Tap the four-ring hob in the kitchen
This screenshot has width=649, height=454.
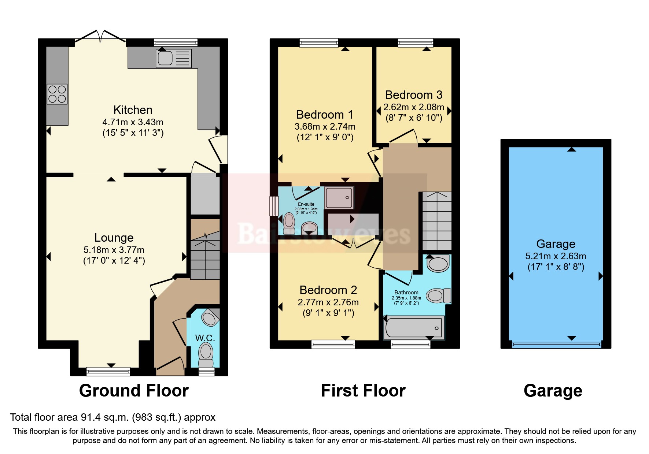pyautogui.click(x=57, y=94)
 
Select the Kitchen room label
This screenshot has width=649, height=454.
pyautogui.click(x=133, y=110)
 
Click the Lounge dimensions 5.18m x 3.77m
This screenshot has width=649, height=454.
pyautogui.click(x=114, y=250)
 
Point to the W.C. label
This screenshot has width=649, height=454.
pyautogui.click(x=205, y=338)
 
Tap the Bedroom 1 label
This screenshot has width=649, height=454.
pyautogui.click(x=325, y=115)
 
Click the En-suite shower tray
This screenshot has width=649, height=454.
pyautogui.click(x=339, y=198)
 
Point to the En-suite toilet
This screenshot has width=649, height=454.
pyautogui.click(x=289, y=223)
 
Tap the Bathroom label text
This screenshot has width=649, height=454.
pyautogui.click(x=406, y=293)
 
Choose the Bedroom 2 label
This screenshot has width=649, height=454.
pyautogui.click(x=328, y=290)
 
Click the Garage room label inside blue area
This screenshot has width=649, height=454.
pyautogui.click(x=556, y=244)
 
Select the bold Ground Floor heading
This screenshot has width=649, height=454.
pyautogui.click(x=134, y=391)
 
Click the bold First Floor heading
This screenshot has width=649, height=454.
pyautogui.click(x=363, y=391)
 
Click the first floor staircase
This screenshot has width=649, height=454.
pyautogui.click(x=437, y=221)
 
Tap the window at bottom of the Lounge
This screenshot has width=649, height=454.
pyautogui.click(x=108, y=372)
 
